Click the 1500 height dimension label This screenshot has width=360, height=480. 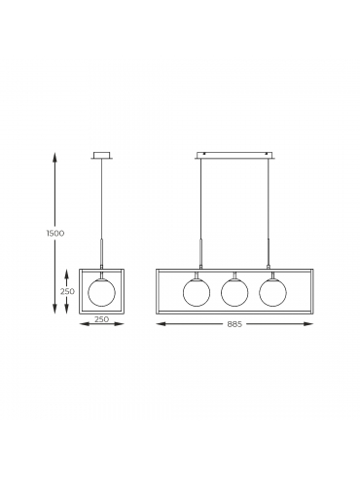54,234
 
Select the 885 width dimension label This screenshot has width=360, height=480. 234,324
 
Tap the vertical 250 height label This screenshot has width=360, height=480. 67,291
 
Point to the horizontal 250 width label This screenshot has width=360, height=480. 101,319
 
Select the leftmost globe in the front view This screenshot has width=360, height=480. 197,293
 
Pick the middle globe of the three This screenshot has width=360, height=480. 234,293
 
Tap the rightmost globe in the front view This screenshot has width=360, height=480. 272,293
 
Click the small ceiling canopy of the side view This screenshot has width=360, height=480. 102,156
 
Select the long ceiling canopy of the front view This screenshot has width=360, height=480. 234,156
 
